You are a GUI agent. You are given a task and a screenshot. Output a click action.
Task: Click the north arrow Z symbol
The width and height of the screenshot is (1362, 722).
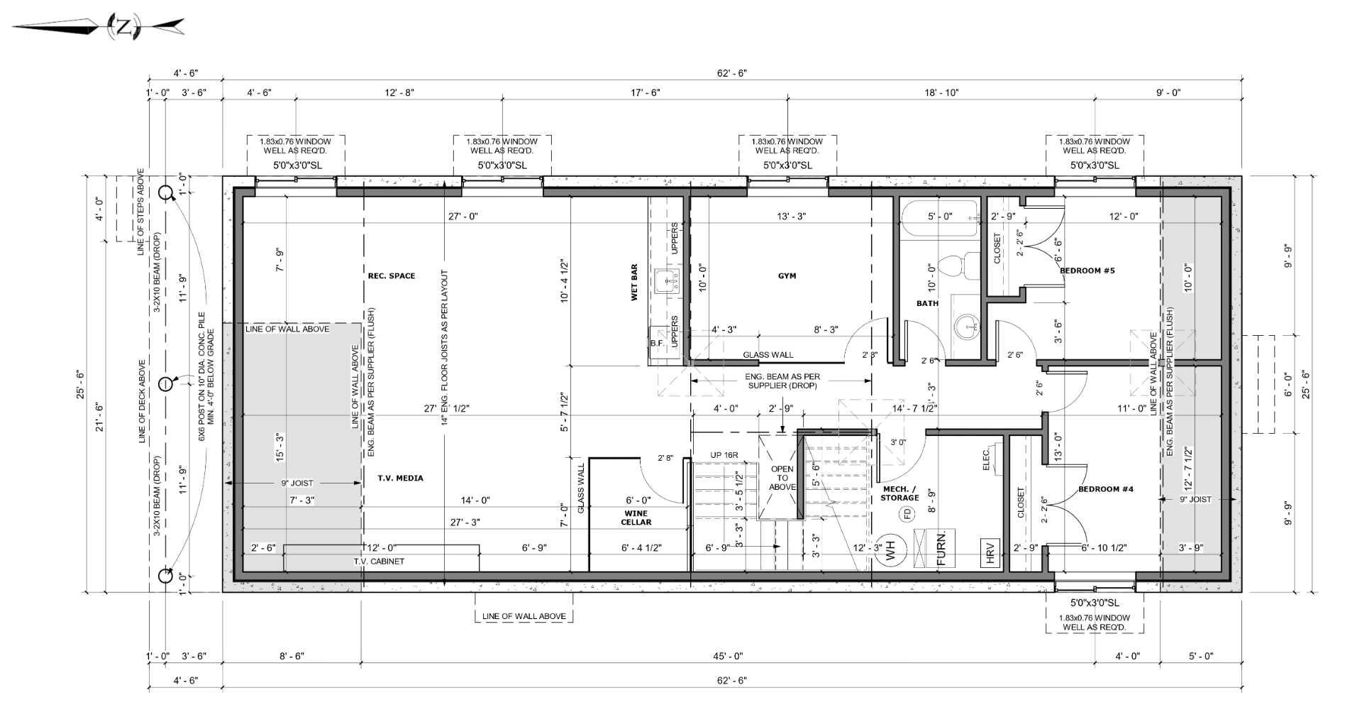click(x=123, y=28)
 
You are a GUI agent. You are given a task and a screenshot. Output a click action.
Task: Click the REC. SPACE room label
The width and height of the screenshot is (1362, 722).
click(x=392, y=275)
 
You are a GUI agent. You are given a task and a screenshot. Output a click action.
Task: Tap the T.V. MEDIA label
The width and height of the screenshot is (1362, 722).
click(x=400, y=478)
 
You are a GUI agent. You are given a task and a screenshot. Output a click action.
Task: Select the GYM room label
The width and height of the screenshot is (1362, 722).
click(x=787, y=275)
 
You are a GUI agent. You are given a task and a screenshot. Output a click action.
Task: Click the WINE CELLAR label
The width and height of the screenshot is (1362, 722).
click(x=636, y=518)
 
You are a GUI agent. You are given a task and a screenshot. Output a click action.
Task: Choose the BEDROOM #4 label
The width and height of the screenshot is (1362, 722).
click(x=1106, y=489)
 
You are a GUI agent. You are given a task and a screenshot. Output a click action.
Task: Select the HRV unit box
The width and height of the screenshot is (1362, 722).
click(x=991, y=553)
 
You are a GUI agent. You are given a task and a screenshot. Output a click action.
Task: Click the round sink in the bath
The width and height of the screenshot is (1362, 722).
click(x=965, y=327)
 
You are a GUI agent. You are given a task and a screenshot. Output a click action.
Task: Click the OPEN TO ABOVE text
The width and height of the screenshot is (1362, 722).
click(x=782, y=478)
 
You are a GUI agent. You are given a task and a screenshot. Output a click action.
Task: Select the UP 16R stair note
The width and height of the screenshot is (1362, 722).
click(x=724, y=455)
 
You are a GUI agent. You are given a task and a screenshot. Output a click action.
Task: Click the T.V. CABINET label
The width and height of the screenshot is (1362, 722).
click(x=379, y=561)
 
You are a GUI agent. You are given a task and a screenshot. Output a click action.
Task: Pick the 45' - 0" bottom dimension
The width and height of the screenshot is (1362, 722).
click(x=728, y=656)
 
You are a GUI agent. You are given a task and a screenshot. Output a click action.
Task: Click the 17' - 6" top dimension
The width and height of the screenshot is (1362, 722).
click(x=645, y=92)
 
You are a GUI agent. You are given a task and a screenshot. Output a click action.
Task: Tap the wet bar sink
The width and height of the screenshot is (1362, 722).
click(x=666, y=281)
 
